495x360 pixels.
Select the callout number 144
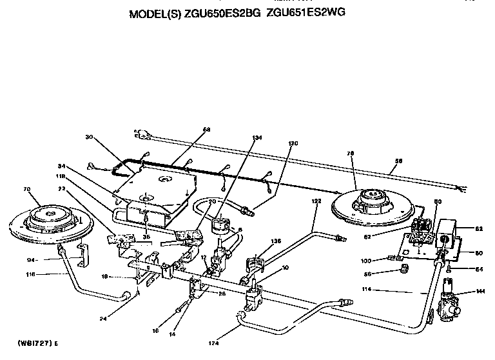coord(478,292)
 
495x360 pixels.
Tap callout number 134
coord(258,137)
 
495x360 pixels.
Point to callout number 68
coord(206,130)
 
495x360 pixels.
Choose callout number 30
coord(89,136)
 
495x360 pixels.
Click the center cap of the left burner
coord(50,210)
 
